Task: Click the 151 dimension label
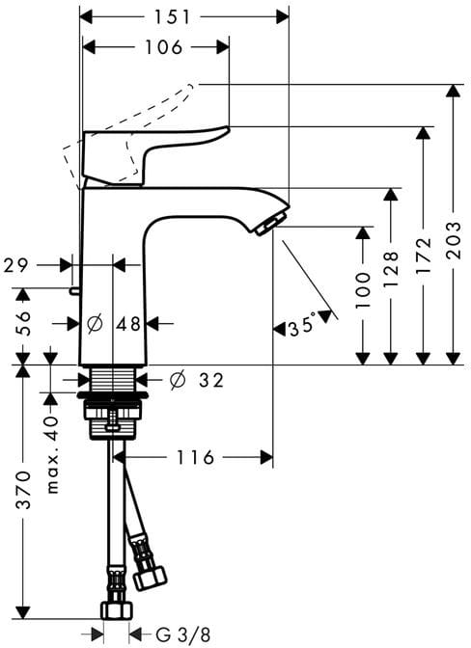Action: click(172, 17)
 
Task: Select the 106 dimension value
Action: click(163, 47)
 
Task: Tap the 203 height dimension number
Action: click(455, 240)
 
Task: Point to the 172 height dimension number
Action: click(424, 256)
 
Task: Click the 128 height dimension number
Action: click(392, 269)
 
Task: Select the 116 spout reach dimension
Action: click(196, 457)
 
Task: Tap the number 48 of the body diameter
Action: click(128, 324)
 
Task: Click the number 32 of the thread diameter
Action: click(211, 380)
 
